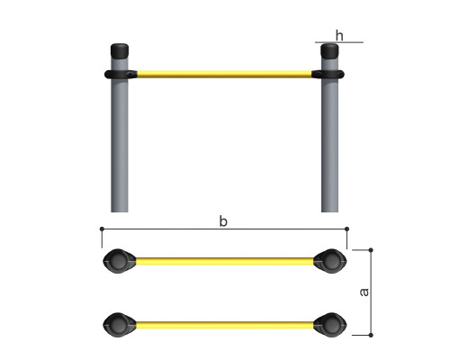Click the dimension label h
click(339, 35)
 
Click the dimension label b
click(223, 221)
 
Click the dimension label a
click(364, 292)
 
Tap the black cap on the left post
click(120, 51)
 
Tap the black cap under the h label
click(329, 51)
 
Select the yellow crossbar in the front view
click(224, 74)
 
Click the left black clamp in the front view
click(121, 74)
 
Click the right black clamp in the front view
click(328, 74)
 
